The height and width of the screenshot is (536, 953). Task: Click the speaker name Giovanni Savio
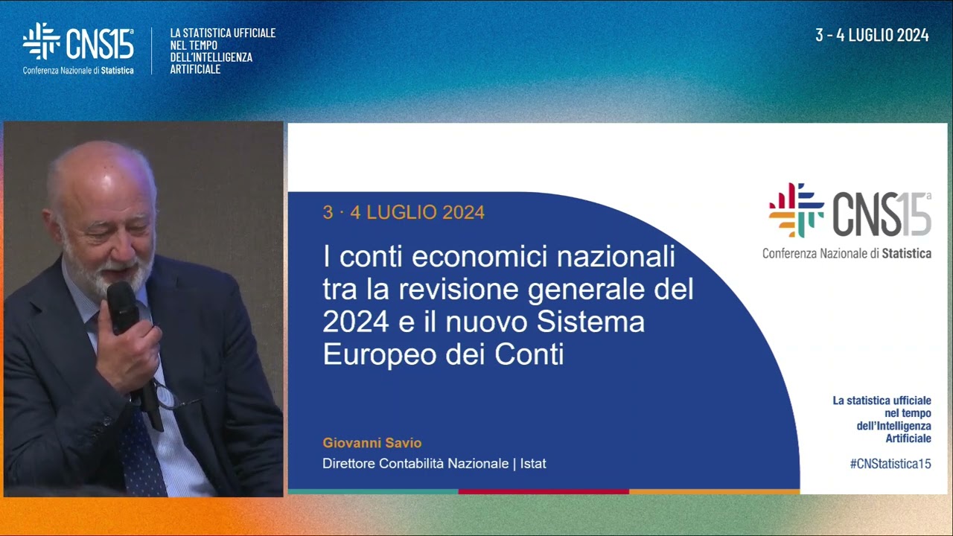372,443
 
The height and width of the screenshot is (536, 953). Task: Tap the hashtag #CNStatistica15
890,464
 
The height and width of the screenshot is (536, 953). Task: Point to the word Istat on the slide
533,464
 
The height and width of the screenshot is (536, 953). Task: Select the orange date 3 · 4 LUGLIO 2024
404,213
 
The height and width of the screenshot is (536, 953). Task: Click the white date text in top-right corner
872,35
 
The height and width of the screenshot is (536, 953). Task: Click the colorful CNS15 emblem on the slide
796,210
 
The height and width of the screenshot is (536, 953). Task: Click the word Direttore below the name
348,464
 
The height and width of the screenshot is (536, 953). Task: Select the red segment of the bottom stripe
544,491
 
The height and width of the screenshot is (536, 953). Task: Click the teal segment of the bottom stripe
372,491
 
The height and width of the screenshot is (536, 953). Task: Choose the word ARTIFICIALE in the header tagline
195,69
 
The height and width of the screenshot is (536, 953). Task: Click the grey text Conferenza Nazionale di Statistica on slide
847,253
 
